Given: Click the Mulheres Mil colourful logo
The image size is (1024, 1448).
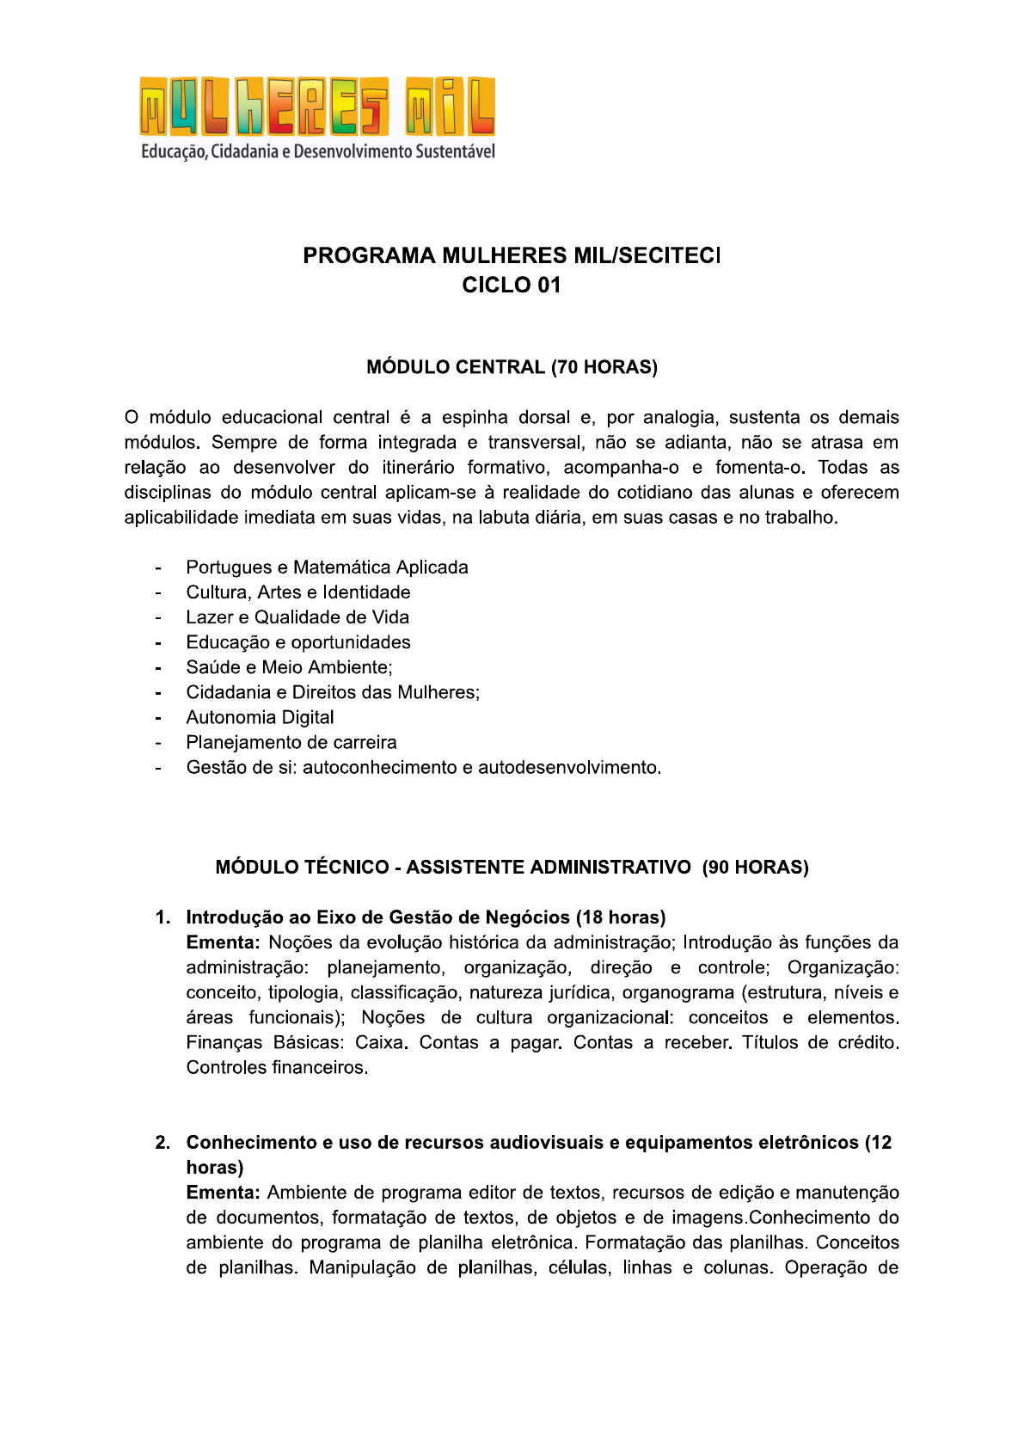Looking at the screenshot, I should coord(317,107).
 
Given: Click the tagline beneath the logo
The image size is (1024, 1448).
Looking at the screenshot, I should coord(317,152).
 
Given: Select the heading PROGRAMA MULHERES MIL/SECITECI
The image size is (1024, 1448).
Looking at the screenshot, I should coord(511,255).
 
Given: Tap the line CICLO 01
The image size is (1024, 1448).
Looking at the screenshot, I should coord(511,285).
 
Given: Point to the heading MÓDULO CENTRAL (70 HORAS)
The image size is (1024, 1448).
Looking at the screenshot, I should coord(512,367).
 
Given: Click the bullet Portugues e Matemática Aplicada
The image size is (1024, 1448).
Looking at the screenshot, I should coord(327,568).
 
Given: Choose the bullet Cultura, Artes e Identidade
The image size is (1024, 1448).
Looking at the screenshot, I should coord(298,592).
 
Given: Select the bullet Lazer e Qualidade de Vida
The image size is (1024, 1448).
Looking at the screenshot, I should coord(297,617).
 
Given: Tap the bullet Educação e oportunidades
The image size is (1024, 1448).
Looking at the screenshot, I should coord(298,642).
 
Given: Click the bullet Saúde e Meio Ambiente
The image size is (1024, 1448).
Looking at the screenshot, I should coord(289,667).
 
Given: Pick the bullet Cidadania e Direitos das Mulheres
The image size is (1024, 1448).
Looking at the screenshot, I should coord(333,692).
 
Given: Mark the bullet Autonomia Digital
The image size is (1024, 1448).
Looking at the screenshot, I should coord(260,717).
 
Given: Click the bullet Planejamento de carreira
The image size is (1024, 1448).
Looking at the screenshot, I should coord(291,742).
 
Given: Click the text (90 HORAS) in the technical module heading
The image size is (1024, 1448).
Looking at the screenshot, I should coord(755,867).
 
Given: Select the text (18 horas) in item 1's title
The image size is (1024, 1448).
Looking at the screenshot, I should coord(621,917).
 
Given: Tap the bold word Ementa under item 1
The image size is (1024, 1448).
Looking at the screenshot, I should coord(223,942).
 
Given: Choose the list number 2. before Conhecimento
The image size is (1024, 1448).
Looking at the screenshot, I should coord(162,1143).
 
